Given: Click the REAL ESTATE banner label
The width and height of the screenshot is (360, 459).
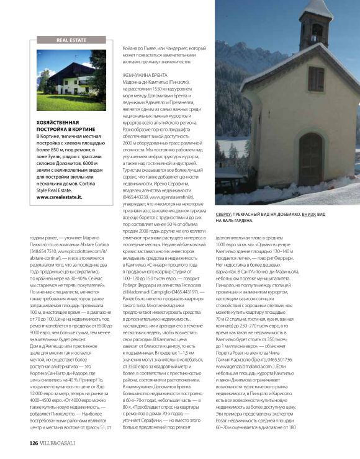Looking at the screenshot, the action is coord(71,39).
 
